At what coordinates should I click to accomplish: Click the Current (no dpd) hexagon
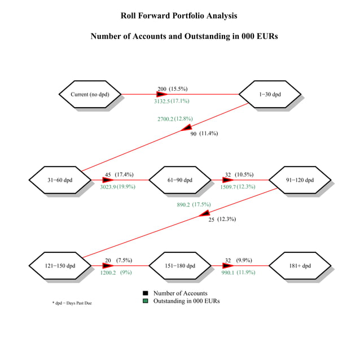[x=90, y=94]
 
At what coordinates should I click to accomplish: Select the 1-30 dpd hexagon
[x=270, y=94]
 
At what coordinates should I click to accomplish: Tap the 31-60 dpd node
[x=60, y=180]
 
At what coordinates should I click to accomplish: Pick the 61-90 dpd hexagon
[x=180, y=180]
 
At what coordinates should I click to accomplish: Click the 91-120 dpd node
[x=300, y=180]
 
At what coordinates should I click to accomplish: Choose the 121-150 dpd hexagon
[x=60, y=265]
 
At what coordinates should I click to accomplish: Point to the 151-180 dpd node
[x=180, y=265]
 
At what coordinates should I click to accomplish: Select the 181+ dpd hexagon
[x=300, y=265]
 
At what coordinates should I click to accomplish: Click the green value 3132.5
[x=162, y=101]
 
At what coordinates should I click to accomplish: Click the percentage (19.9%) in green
[x=126, y=187]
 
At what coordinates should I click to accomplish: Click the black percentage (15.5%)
[x=178, y=89]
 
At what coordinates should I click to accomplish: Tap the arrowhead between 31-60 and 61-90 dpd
[x=108, y=180]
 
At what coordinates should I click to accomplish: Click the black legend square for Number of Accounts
[x=146, y=293]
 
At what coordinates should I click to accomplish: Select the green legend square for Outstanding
[x=146, y=301]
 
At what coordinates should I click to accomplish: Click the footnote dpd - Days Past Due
[x=72, y=303]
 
